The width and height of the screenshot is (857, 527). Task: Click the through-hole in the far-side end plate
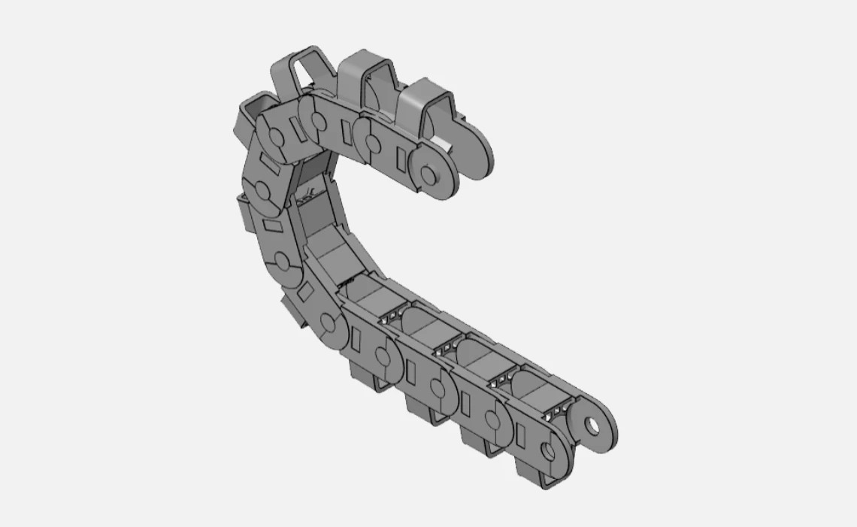pyautogui.click(x=595, y=426)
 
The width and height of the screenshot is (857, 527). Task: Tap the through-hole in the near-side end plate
pyautogui.click(x=548, y=452)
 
